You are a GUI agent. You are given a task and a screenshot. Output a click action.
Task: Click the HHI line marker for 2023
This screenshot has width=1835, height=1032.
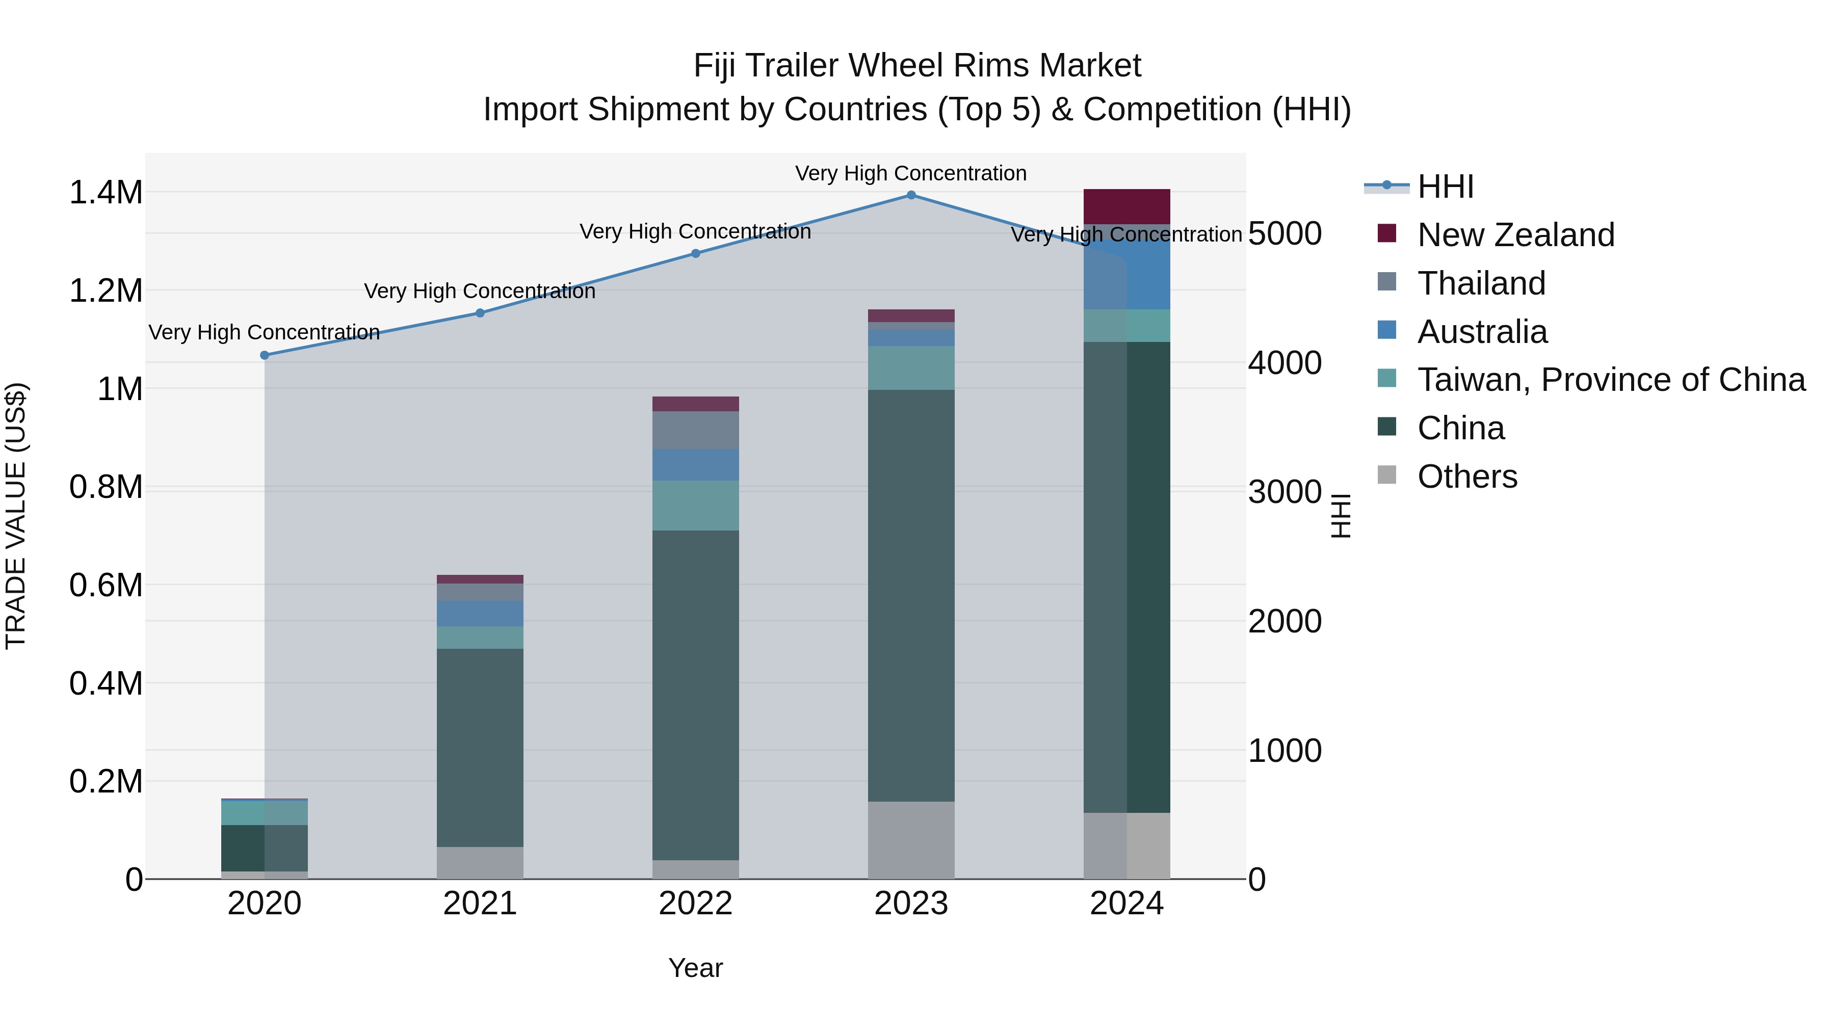click(x=911, y=195)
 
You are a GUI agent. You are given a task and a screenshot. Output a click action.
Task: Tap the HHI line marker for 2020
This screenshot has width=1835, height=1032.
click(x=264, y=355)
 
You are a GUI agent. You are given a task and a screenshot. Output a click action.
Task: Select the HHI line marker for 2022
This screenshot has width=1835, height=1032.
click(x=696, y=254)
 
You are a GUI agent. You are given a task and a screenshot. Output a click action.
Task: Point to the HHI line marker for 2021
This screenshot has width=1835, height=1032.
click(x=480, y=313)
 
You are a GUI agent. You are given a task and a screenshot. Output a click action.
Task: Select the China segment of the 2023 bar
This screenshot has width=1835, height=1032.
click(x=911, y=595)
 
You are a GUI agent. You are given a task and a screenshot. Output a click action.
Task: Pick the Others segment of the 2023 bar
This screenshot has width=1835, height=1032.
click(x=911, y=840)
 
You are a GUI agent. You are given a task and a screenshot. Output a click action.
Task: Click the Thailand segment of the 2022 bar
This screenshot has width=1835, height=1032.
click(x=696, y=430)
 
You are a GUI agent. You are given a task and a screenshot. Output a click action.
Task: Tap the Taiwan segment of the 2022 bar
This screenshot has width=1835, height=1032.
click(x=696, y=506)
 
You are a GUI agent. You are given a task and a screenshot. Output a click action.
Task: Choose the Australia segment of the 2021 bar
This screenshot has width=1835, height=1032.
click(x=480, y=614)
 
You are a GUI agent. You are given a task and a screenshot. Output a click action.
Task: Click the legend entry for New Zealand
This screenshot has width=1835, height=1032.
click(x=1515, y=235)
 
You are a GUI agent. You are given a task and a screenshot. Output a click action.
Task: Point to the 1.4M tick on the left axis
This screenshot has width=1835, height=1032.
click(x=106, y=193)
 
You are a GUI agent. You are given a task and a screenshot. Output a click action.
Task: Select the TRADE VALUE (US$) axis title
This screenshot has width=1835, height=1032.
click(x=16, y=516)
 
